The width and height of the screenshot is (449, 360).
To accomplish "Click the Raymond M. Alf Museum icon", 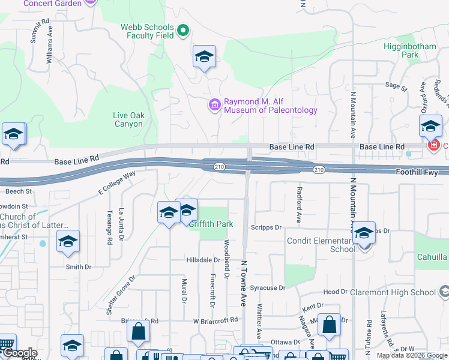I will pyautogui.click(x=214, y=106).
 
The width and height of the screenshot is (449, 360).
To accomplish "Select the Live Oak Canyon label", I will pyautogui.click(x=128, y=120).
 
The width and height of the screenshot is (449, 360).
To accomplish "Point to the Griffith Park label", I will pyautogui.click(x=211, y=224).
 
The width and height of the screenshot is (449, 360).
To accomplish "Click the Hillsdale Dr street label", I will pyautogui.click(x=203, y=260).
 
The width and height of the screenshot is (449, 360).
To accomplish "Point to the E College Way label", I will pyautogui.click(x=117, y=183).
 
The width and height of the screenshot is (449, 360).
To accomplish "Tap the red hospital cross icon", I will pyautogui.click(x=432, y=146).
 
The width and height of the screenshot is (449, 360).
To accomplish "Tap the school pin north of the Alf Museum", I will pyautogui.click(x=204, y=57).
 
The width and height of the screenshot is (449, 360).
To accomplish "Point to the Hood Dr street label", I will pyautogui.click(x=331, y=292).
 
